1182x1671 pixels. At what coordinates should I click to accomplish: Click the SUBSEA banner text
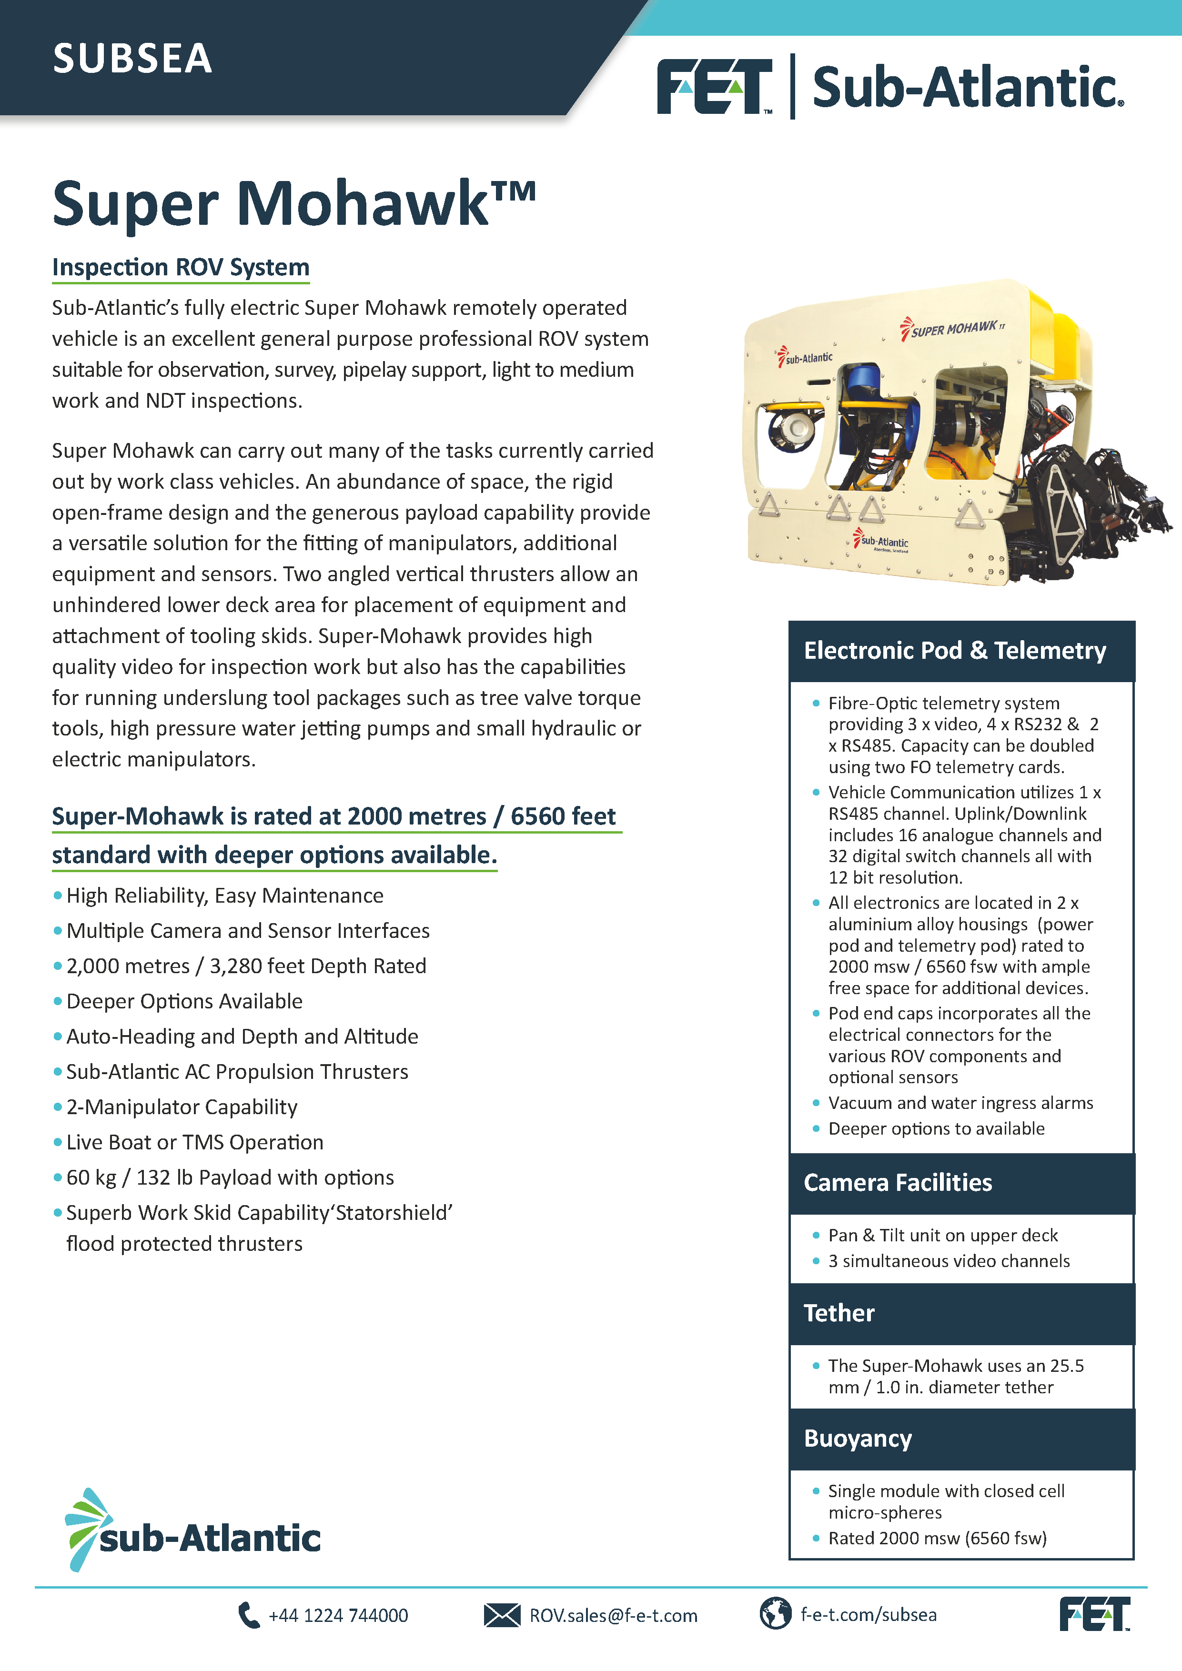[132, 59]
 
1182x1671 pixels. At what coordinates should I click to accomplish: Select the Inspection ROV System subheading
[181, 267]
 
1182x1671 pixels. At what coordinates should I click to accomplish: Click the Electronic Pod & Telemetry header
[954, 650]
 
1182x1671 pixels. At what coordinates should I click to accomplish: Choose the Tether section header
[839, 1313]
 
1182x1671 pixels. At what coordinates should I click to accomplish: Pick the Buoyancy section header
[858, 1438]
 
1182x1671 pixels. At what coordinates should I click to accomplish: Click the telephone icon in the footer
[248, 1615]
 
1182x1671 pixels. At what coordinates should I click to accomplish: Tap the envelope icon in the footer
[502, 1615]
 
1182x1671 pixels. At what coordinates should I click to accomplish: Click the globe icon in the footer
[775, 1613]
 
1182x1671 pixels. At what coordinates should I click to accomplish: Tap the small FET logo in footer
[1094, 1613]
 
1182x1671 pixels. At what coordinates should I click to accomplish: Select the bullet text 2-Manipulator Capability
[182, 1107]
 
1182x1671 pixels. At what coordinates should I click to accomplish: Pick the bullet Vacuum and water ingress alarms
[960, 1103]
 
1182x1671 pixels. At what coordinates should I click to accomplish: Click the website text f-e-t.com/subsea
[869, 1615]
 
